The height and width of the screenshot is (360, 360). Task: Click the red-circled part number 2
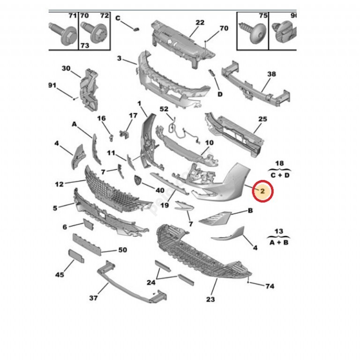pos(262,191)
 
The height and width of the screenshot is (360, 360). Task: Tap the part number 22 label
pos(200,22)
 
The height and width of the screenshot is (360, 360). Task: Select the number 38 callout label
pos(271,74)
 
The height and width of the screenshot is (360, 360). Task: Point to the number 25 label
pos(262,119)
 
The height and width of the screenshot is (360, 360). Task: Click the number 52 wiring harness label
pos(164,109)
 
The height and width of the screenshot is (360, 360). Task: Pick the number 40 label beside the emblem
pos(160,190)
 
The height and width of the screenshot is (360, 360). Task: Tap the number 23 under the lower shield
pos(210,299)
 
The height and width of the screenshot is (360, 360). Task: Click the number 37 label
pos(93,297)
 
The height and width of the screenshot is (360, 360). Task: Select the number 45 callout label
pos(60,275)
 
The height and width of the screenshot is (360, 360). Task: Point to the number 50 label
pos(122,250)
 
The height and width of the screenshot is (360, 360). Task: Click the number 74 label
pos(270,286)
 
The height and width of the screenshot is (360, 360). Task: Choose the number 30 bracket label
pos(66,68)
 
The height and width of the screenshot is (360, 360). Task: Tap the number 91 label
pos(52,85)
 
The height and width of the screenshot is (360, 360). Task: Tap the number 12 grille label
pos(59,184)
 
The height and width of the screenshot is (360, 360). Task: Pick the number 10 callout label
pos(209,142)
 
